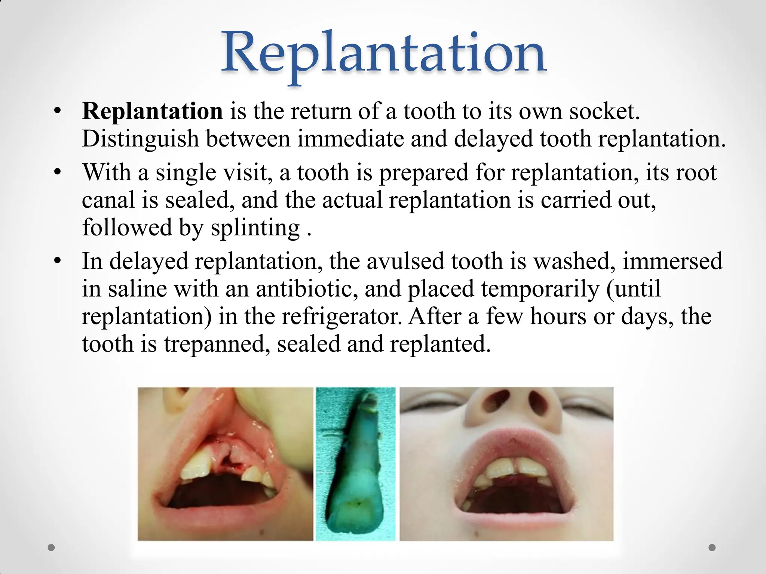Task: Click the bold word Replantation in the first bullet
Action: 152,111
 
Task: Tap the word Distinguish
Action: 140,139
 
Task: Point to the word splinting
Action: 255,228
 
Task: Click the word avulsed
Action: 405,261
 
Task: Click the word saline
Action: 137,289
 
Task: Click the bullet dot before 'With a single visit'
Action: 57,172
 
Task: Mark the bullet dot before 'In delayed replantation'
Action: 57,261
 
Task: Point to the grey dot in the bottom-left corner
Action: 52,547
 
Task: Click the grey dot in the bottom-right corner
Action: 712,547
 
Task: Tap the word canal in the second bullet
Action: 108,200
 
